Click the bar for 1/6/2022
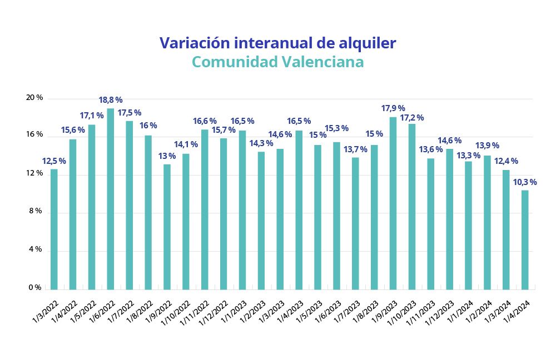(110, 199)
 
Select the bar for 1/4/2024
(524, 239)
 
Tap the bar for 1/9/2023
(393, 203)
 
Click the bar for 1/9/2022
(167, 227)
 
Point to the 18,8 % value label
(110, 100)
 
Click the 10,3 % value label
(524, 182)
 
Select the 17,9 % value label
(393, 108)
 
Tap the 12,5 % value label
(54, 161)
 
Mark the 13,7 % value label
(355, 149)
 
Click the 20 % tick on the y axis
(34, 98)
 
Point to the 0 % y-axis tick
(34, 288)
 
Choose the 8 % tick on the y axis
(34, 211)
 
